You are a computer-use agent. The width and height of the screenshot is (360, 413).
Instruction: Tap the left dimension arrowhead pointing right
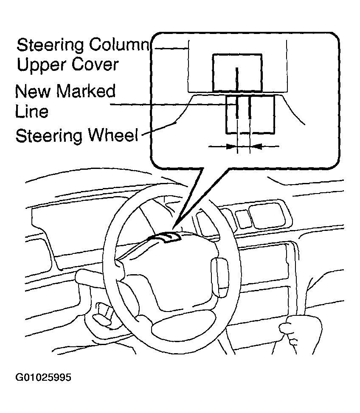[231, 147]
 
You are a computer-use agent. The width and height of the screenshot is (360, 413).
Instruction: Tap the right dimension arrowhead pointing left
[256, 147]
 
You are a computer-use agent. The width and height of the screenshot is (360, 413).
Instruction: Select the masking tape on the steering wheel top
[166, 238]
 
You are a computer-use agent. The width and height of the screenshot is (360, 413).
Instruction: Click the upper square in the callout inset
[237, 73]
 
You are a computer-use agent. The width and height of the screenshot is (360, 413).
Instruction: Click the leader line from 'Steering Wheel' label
[159, 129]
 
